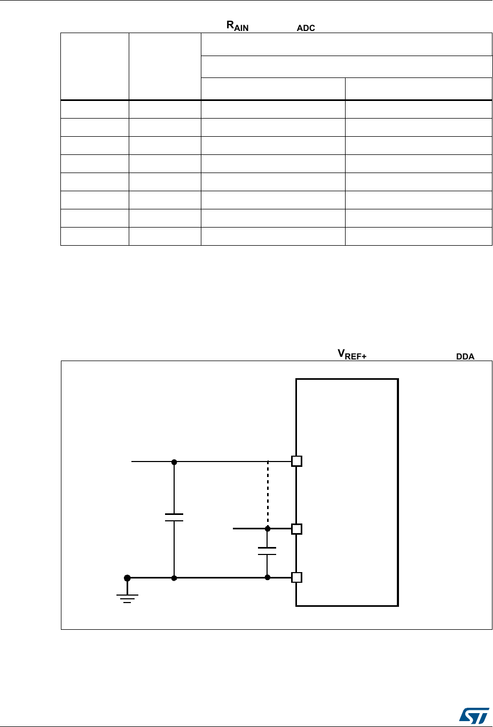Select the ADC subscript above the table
[307, 28]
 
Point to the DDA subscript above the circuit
[465, 357]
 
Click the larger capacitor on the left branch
[174, 517]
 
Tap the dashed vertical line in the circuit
[268, 494]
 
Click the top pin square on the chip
[297, 461]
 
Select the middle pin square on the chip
[297, 529]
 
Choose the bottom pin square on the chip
[297, 577]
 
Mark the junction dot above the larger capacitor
[174, 461]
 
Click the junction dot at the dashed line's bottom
[268, 529]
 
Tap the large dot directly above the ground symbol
[127, 577]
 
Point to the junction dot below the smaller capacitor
[267, 577]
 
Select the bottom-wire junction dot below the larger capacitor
[174, 577]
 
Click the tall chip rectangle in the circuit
[347, 491]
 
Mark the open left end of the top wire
[132, 461]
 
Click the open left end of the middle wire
[234, 529]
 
